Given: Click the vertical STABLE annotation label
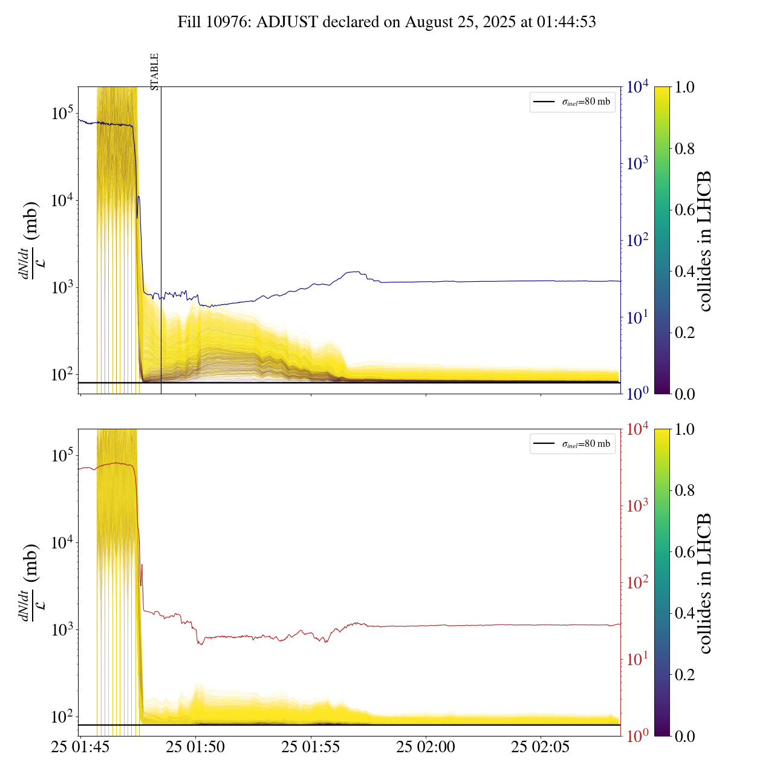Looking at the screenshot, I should (155, 71).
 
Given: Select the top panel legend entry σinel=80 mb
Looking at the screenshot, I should (572, 102).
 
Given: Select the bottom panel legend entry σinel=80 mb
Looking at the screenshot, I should (572, 444).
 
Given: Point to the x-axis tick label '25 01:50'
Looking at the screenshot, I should (195, 747).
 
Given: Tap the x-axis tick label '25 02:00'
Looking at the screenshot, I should (426, 747).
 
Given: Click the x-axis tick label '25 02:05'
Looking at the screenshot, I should (541, 747).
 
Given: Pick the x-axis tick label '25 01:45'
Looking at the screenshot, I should (80, 747).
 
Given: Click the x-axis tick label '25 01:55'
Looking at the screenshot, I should (311, 747).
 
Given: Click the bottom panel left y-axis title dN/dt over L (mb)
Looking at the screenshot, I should (30, 582).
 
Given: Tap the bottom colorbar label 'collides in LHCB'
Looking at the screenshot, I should (704, 583).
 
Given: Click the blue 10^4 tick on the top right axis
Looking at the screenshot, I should (637, 87).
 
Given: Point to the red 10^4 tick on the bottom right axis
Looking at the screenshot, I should (637, 429).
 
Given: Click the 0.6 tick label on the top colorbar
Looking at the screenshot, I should (685, 210).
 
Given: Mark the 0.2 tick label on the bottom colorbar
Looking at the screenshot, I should (685, 674).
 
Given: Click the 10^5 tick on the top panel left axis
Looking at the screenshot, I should (62, 113).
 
